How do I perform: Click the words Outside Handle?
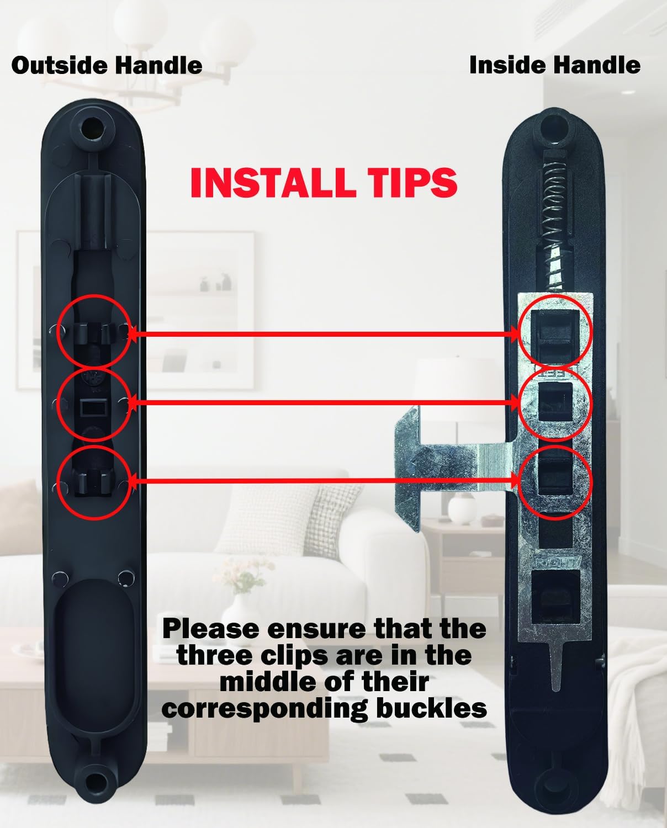pyautogui.click(x=107, y=65)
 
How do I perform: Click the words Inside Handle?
pyautogui.click(x=554, y=65)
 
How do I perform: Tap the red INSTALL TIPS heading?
pyautogui.click(x=324, y=183)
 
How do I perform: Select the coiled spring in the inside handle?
pyautogui.click(x=554, y=204)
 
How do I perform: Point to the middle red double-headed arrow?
pyautogui.click(x=324, y=402)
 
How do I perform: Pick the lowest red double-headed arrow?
pyautogui.click(x=324, y=480)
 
